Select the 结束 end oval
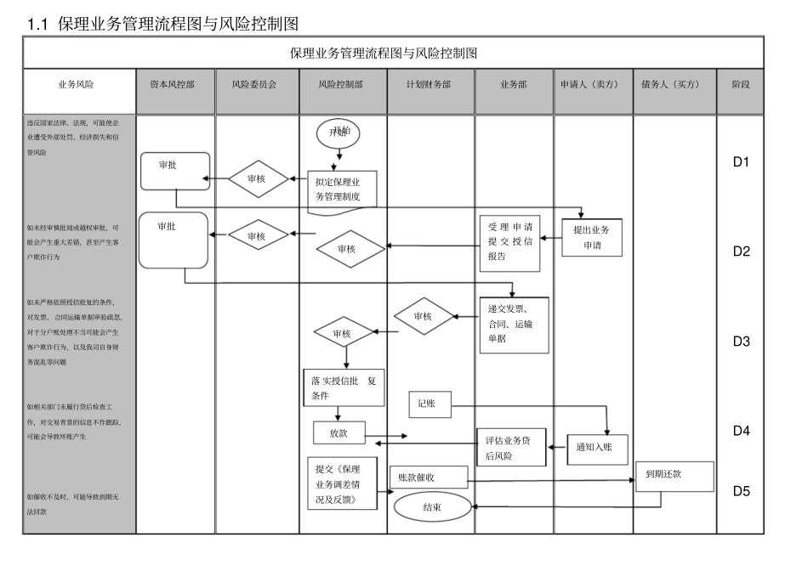tap(432, 507)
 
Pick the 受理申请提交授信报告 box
tap(510, 243)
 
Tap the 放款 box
tap(339, 433)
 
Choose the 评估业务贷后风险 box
tap(510, 447)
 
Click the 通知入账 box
tap(597, 448)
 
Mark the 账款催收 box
tap(429, 478)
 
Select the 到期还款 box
tap(674, 476)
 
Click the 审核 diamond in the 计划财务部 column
tap(423, 316)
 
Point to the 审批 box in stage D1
tap(174, 170)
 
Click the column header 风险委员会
tap(257, 85)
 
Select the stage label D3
tap(741, 342)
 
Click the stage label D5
tap(741, 490)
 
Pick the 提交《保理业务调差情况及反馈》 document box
tap(342, 484)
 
